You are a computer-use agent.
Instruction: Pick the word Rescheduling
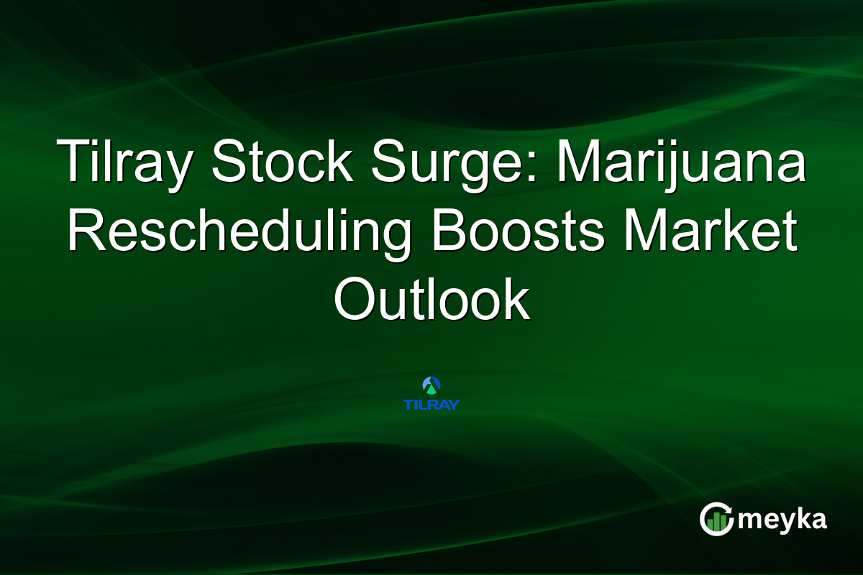(238, 230)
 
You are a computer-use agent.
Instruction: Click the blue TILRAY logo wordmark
(431, 404)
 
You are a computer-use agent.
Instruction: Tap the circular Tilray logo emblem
(431, 385)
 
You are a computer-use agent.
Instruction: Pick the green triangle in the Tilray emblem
(431, 388)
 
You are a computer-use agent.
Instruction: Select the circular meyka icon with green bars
(716, 519)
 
